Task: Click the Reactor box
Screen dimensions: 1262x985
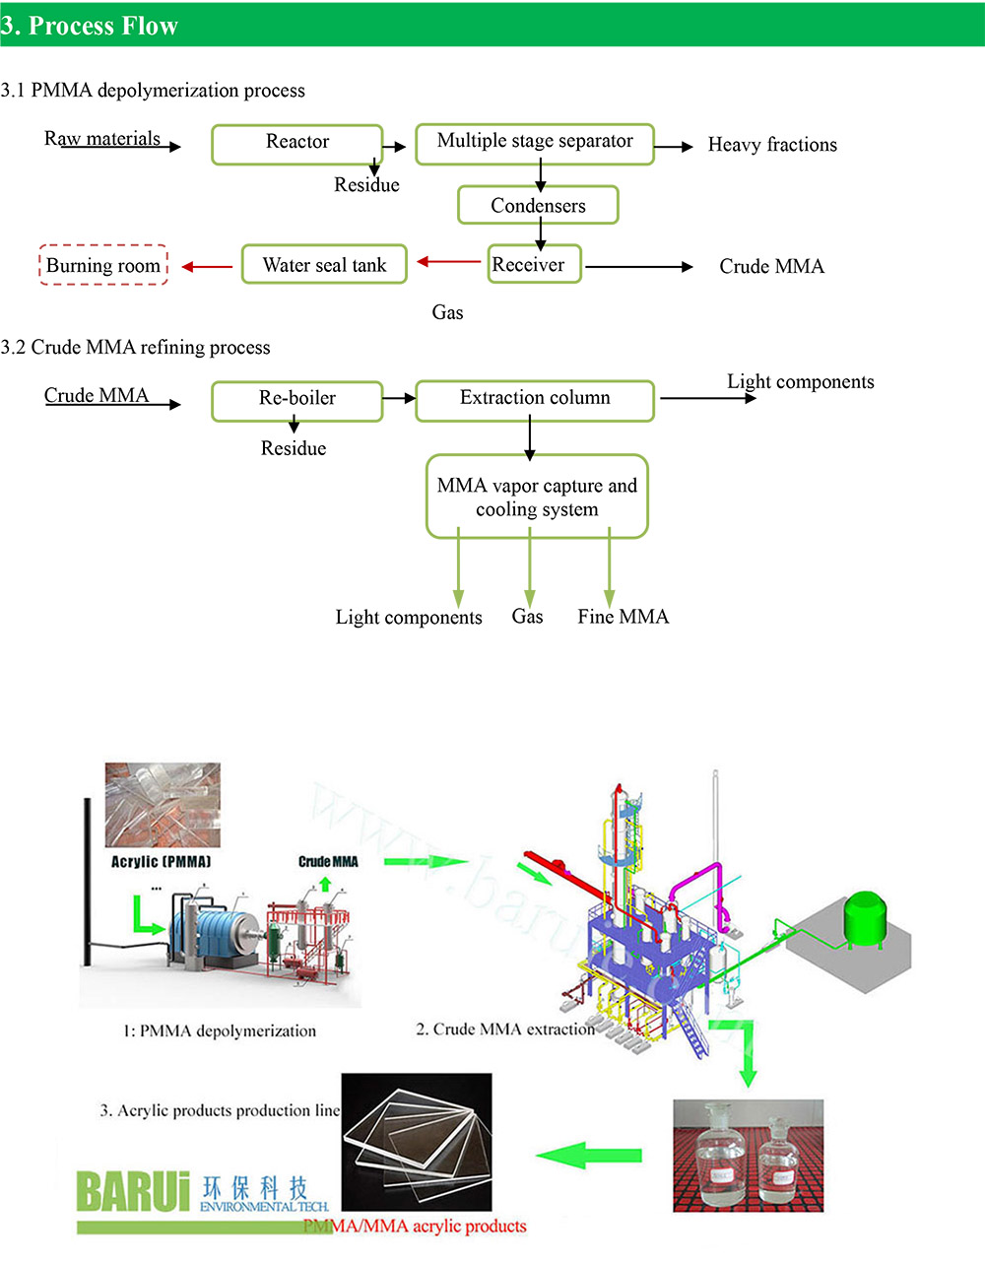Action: click(296, 144)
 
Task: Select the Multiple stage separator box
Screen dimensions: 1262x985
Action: click(535, 144)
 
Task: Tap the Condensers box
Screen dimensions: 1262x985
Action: click(538, 205)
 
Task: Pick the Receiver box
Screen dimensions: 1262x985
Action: click(534, 264)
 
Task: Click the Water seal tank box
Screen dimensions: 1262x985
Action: click(324, 264)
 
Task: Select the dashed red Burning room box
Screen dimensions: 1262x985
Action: click(103, 265)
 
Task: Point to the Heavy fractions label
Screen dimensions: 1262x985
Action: click(772, 145)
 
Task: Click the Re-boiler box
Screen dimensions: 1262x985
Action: click(296, 401)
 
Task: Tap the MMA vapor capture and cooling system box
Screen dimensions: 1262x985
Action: click(537, 497)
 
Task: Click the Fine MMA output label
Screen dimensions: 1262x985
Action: click(623, 617)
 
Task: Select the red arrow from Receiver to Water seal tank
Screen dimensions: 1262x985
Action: click(449, 262)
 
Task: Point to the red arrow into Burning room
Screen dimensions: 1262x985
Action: click(207, 266)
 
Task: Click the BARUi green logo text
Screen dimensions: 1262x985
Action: click(133, 1191)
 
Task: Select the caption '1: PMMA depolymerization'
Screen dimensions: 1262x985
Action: click(220, 1031)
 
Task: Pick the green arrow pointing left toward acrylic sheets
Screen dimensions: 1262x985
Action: click(588, 1155)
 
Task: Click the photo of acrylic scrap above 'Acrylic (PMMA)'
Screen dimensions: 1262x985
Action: click(163, 805)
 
